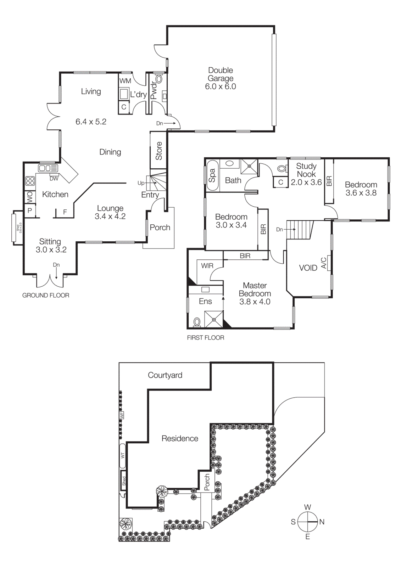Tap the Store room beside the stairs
[x=158, y=151]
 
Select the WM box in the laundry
[x=125, y=81]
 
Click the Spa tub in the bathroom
[x=212, y=175]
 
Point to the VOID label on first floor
[x=308, y=268]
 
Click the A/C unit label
[x=323, y=263]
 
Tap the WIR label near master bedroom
[x=207, y=266]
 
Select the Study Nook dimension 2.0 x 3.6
[x=306, y=183]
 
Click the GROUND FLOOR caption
[x=46, y=295]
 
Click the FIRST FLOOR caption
[x=206, y=338]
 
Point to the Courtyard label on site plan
[x=165, y=375]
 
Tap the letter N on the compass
[x=322, y=522]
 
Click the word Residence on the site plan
[x=180, y=439]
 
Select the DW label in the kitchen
[x=54, y=179]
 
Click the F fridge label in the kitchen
[x=65, y=212]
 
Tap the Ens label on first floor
[x=205, y=302]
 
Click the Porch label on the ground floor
[x=160, y=228]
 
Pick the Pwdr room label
[x=153, y=90]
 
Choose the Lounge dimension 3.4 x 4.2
[x=110, y=217]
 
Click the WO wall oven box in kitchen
[x=30, y=197]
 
